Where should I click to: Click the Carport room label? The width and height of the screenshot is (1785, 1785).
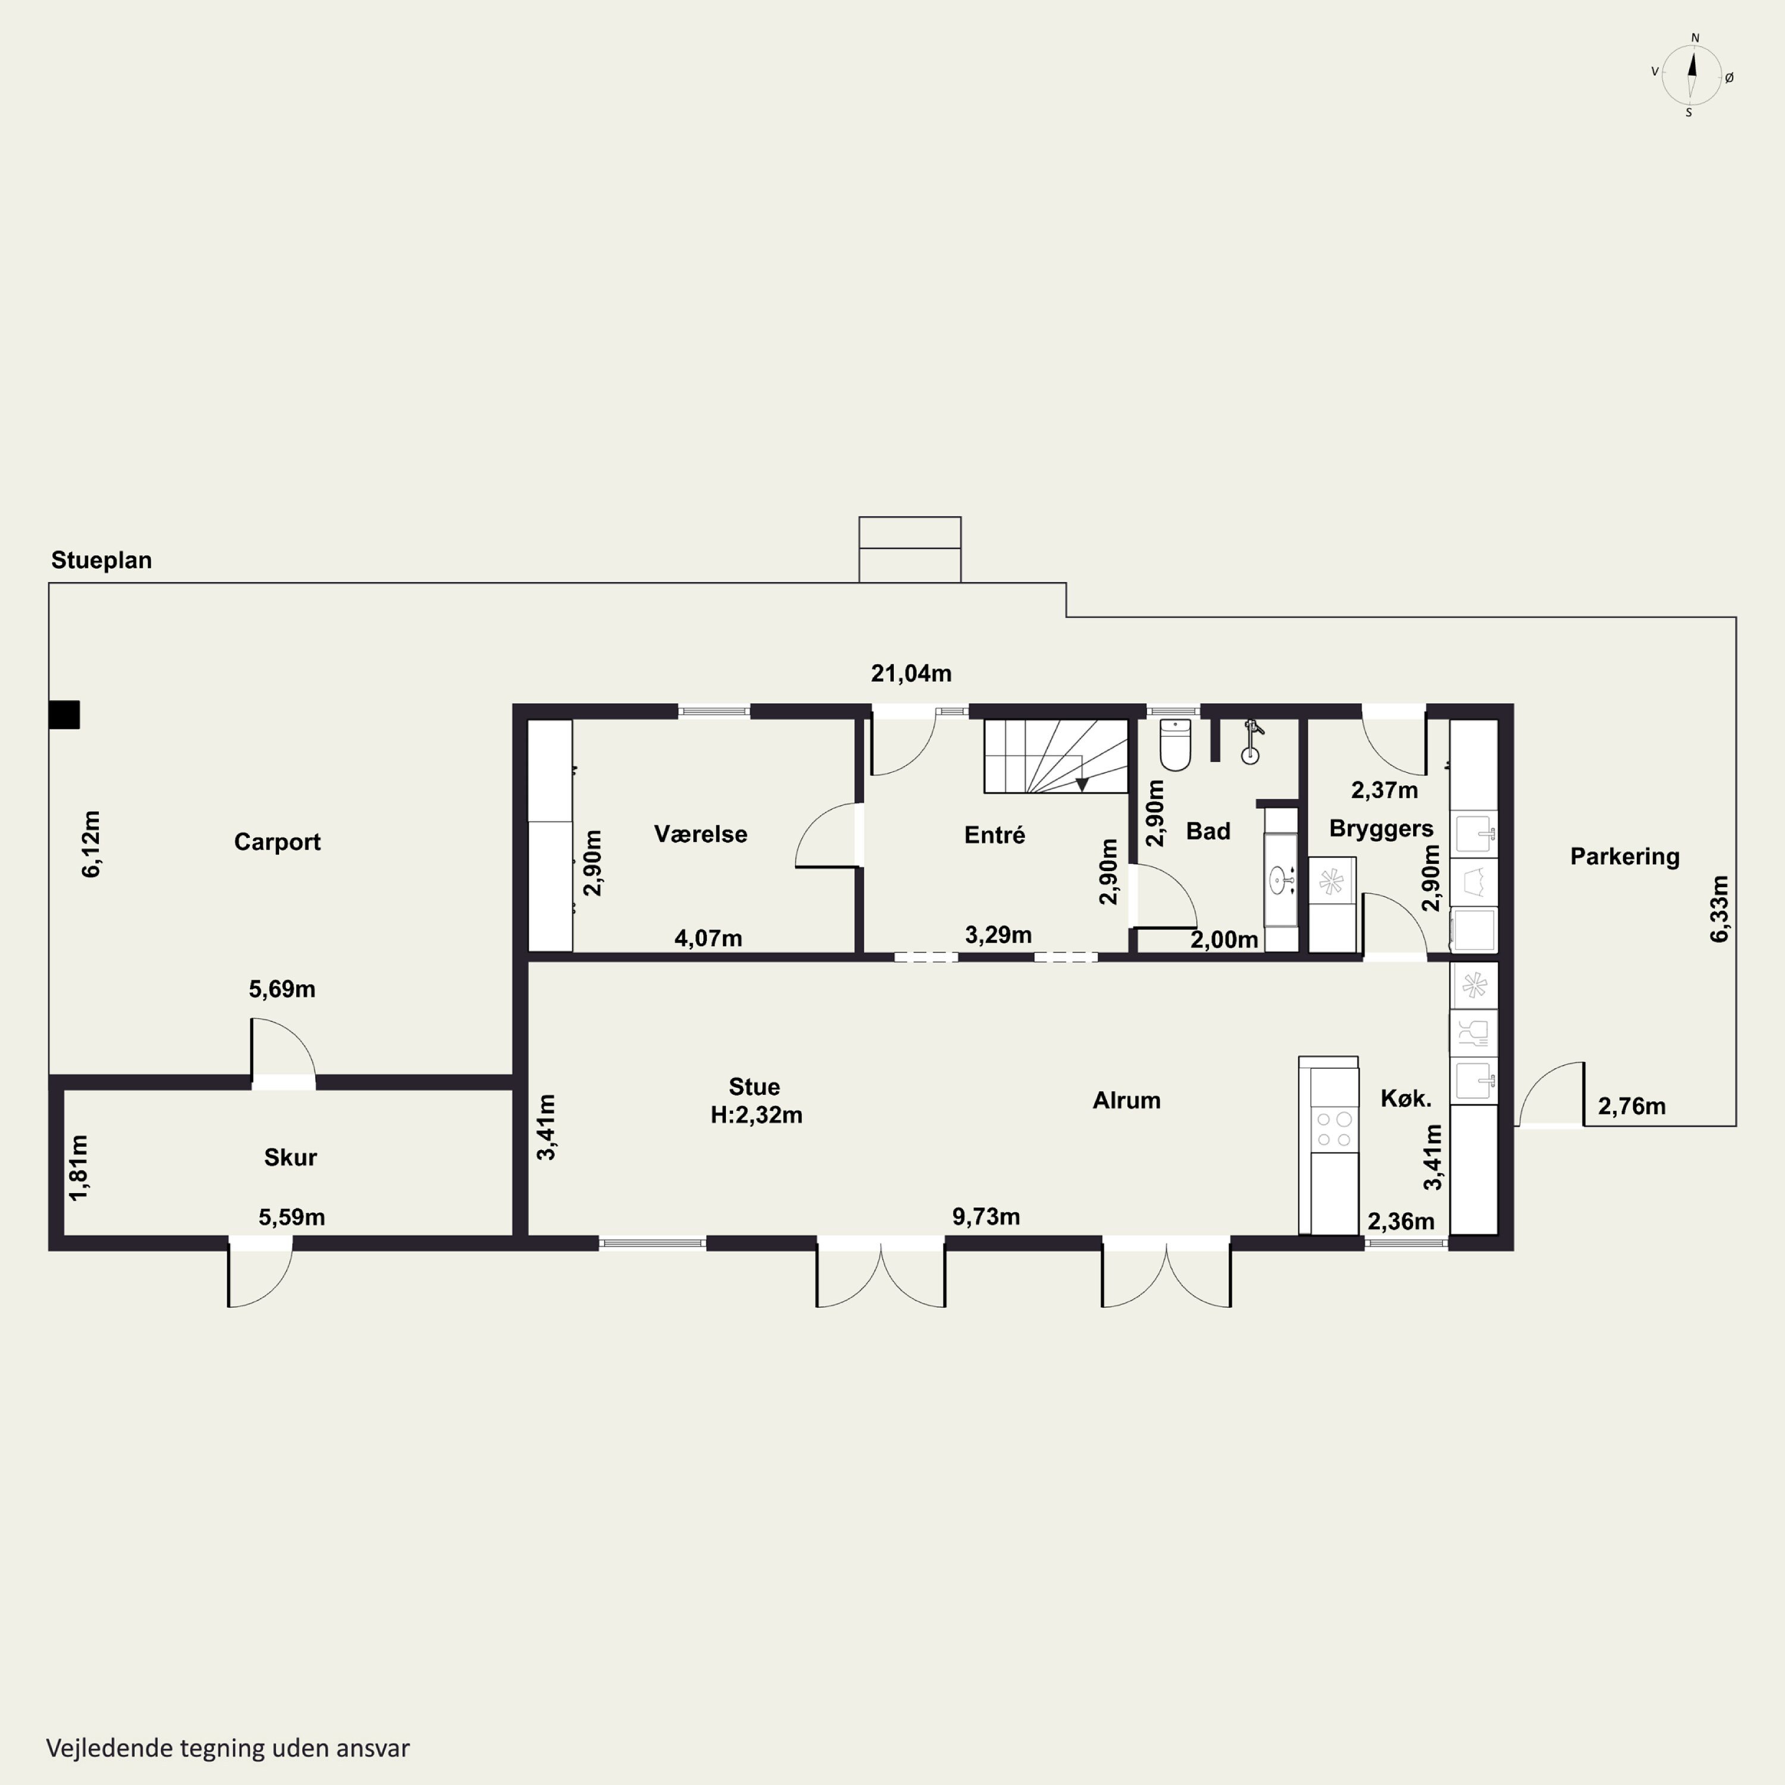277,842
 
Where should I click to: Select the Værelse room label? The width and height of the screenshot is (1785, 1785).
700,834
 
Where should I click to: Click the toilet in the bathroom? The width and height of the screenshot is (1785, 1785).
1175,745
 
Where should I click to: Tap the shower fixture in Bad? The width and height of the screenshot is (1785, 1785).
1251,743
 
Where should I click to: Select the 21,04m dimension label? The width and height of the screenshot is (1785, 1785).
911,674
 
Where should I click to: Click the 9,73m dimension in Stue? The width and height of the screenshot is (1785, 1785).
986,1217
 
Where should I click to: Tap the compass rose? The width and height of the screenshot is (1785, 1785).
1692,76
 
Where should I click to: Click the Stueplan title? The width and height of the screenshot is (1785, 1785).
102,560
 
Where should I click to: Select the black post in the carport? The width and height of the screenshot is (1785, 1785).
65,715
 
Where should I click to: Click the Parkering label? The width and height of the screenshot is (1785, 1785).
1624,856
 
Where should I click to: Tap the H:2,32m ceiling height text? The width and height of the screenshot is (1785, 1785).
756,1115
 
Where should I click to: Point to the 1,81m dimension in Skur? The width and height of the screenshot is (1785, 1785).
80,1168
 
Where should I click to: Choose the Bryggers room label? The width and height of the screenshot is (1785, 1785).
1381,829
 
